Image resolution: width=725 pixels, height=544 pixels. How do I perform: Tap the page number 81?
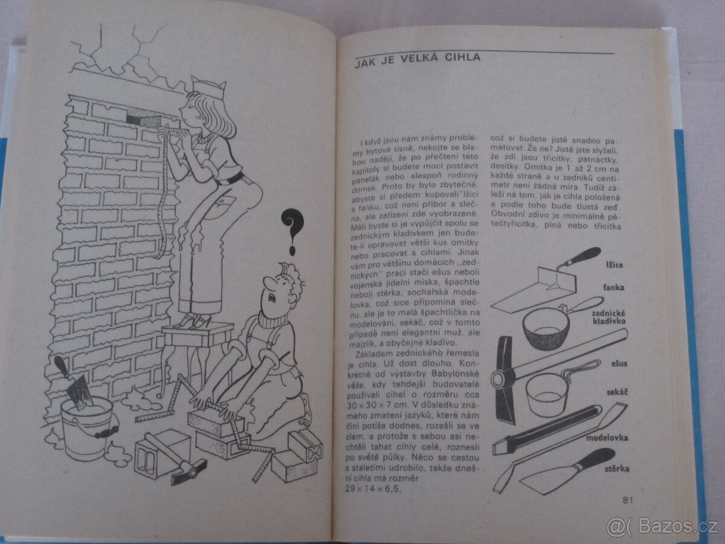628,500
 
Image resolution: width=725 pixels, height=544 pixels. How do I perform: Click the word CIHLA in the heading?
462,58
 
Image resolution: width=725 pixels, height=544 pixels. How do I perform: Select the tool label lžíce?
614,265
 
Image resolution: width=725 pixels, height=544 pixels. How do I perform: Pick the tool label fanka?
614,287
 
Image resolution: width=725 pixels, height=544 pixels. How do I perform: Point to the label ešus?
619,364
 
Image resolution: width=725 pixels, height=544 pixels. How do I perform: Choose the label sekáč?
617,392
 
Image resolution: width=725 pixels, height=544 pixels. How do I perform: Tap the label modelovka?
607,438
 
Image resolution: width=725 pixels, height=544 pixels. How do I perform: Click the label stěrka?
617,468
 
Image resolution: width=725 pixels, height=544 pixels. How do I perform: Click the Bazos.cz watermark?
662,526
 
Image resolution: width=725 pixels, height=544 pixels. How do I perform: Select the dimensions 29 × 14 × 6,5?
373,488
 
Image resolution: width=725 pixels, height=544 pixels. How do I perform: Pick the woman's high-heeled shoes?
193,320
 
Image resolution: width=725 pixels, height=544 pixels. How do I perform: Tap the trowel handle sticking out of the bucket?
62,368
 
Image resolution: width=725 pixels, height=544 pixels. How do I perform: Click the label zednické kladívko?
608,317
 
